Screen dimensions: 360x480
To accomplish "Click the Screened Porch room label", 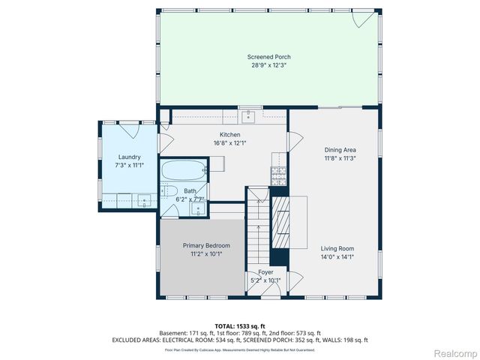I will (x=268, y=57).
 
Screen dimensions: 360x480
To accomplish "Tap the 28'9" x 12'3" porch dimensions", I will (x=268, y=65).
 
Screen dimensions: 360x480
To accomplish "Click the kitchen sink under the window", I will (x=249, y=115).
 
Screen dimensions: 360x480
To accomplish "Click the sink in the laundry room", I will (x=142, y=200).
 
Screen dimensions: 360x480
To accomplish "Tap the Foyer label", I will (x=265, y=272).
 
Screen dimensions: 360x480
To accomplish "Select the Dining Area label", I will (x=339, y=149).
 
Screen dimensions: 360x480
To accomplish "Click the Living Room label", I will (x=337, y=248).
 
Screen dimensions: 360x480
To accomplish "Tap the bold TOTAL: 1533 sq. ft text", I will (x=240, y=325).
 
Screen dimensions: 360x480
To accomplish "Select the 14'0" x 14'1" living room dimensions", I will (x=337, y=256).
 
